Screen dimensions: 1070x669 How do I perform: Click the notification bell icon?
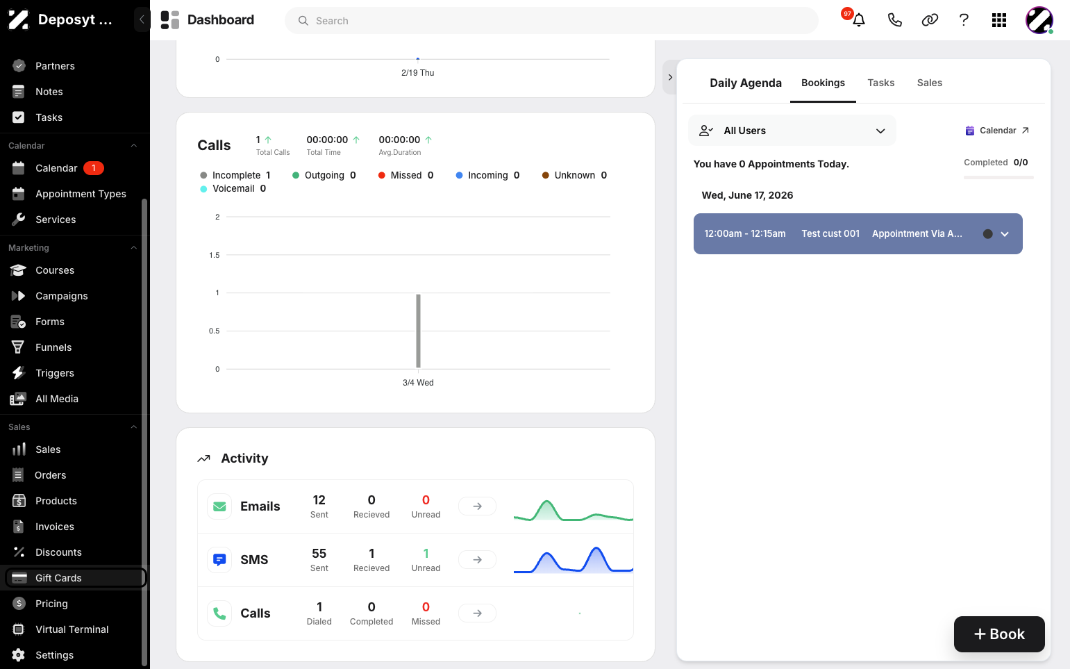click(x=859, y=20)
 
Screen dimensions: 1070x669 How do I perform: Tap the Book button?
click(x=999, y=634)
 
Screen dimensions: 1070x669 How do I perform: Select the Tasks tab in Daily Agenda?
click(x=881, y=83)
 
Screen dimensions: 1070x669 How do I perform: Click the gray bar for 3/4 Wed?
click(x=419, y=331)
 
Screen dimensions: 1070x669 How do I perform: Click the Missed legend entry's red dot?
click(x=382, y=175)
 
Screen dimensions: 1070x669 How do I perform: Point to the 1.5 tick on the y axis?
click(x=215, y=255)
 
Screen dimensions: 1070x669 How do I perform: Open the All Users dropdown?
click(x=792, y=131)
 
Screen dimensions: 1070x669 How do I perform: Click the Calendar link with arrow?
click(x=997, y=131)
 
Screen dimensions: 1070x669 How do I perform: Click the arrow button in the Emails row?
click(x=477, y=506)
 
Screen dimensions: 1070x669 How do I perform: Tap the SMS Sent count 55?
click(x=319, y=554)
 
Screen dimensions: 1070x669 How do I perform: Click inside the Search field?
click(x=552, y=21)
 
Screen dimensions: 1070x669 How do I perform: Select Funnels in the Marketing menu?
click(x=53, y=347)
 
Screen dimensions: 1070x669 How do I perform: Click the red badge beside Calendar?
click(x=94, y=168)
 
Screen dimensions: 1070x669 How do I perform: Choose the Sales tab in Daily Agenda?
click(x=930, y=83)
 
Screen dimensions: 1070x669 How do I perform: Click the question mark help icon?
click(x=964, y=20)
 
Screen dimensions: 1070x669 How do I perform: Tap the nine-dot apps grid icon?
click(x=998, y=20)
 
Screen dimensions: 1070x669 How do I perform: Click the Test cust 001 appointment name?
click(x=830, y=233)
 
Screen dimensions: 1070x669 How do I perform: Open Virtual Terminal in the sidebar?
click(x=72, y=629)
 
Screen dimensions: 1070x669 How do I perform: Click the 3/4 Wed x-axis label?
click(x=418, y=383)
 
